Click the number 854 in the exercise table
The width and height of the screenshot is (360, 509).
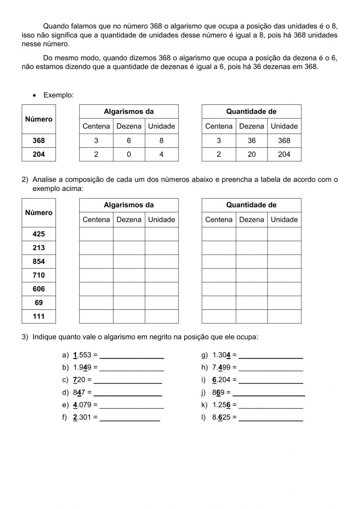point(39,262)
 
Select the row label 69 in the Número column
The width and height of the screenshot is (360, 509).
point(39,303)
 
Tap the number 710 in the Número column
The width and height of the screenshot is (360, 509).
point(39,275)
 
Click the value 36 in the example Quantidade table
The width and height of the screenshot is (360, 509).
point(251,140)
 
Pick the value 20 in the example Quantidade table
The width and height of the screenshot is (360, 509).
point(251,154)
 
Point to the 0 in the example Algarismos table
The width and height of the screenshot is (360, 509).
point(129,154)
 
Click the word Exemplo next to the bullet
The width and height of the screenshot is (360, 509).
point(58,95)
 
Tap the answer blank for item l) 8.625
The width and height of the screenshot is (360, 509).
point(271,418)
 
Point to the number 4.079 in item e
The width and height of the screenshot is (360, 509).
point(82,405)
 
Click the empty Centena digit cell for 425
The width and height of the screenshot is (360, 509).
point(96,234)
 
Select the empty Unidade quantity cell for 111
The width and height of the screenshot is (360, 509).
point(284,316)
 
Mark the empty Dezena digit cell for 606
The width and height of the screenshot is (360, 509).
point(129,289)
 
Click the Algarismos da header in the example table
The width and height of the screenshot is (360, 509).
point(129,112)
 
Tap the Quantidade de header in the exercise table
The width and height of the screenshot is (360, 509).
point(251,205)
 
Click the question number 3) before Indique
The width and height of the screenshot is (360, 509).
point(25,337)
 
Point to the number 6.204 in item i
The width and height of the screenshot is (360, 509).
point(221,380)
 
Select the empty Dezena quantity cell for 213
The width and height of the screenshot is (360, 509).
point(251,248)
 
